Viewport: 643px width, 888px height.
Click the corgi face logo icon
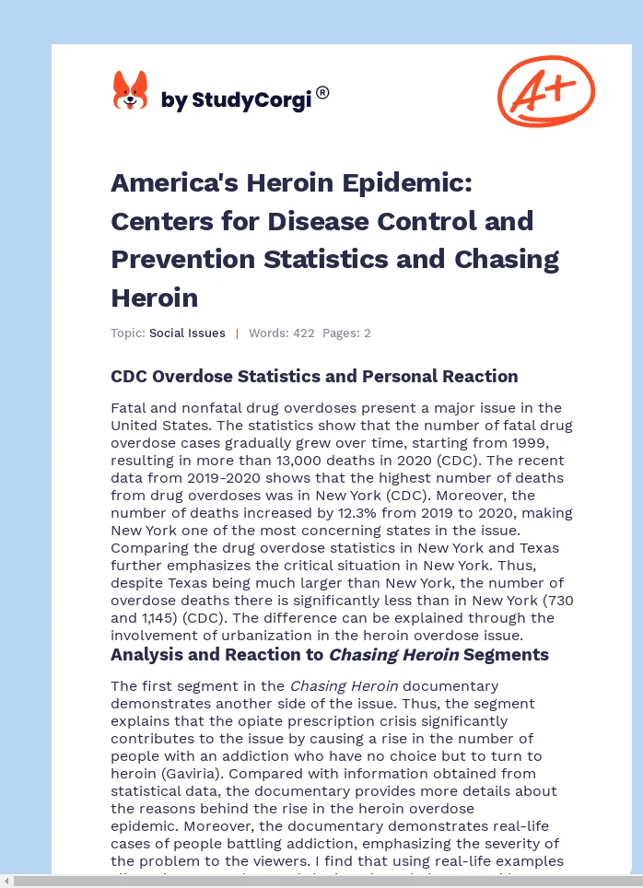[130, 91]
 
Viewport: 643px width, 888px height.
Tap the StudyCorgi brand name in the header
[236, 100]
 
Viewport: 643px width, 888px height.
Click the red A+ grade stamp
[545, 91]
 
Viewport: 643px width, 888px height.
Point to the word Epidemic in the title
[409, 183]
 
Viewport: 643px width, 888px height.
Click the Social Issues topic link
[187, 333]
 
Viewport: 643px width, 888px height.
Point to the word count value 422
[304, 333]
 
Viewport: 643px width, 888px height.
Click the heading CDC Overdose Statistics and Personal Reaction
[314, 376]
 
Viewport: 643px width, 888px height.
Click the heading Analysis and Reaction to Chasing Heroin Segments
[329, 655]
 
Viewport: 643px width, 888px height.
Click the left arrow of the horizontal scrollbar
[7, 882]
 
